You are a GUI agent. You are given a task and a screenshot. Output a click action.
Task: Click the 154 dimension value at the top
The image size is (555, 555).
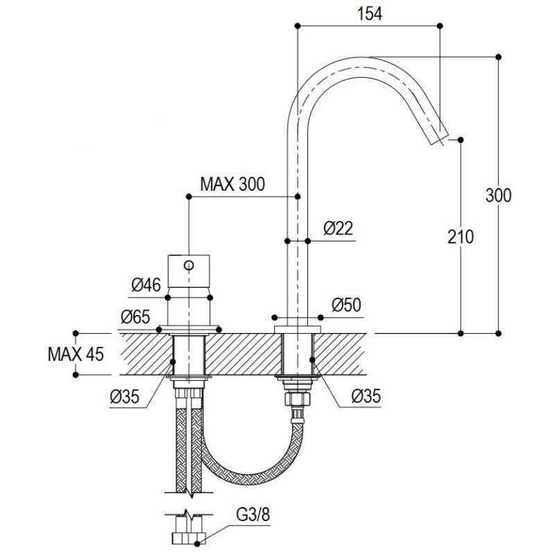370,14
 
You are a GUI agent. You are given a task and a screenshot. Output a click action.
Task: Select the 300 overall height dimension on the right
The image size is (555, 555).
498,196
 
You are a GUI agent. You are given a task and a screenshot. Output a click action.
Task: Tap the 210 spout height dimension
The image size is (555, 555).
461,237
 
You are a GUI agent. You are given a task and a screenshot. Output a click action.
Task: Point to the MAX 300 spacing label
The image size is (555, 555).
232,184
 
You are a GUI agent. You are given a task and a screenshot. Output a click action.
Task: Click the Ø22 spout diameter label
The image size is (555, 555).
339,228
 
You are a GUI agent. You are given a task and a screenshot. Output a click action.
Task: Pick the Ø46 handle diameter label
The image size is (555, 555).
146,284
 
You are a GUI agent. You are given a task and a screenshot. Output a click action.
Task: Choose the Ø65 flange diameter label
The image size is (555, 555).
135,317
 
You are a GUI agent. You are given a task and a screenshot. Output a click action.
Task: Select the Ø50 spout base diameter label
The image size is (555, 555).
346,305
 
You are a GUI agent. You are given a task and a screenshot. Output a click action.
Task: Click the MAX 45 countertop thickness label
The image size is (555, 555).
76,354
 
